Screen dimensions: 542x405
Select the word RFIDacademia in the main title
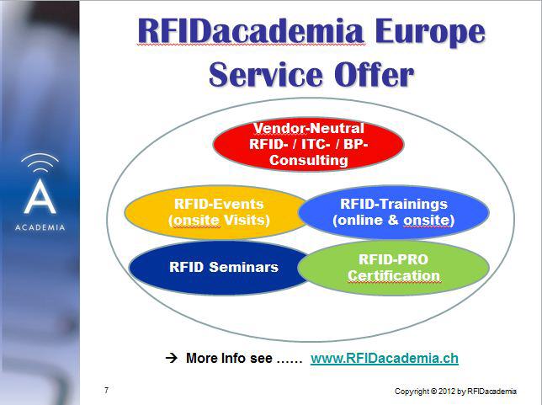tap(251, 31)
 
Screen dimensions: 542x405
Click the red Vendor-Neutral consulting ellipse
tap(308, 144)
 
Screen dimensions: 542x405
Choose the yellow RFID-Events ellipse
tap(215, 212)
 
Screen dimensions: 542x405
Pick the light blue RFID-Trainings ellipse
tap(393, 212)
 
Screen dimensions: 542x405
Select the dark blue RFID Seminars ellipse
tap(220, 268)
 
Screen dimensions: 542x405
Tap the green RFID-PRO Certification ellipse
tap(393, 268)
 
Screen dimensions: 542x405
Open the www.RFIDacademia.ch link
tap(385, 359)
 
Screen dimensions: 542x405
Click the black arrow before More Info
tap(172, 358)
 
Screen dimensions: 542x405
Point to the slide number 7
tap(106, 390)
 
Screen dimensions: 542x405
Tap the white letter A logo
tap(40, 196)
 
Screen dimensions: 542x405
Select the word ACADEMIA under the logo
tap(40, 227)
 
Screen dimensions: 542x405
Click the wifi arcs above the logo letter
tap(40, 163)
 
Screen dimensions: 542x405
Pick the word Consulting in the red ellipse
tap(309, 160)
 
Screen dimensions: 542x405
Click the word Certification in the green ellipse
tap(394, 275)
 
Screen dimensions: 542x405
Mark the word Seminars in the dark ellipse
tap(244, 267)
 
